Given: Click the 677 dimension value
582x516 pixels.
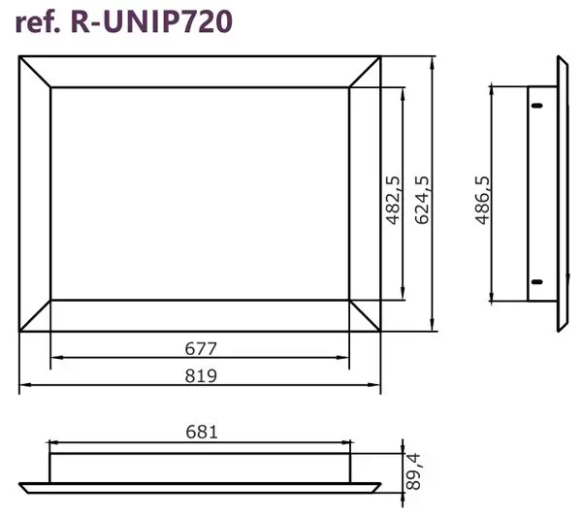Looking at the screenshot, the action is (201, 348).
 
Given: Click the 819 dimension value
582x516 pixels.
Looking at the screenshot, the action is (201, 376).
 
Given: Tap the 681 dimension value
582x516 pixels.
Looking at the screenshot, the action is (202, 433).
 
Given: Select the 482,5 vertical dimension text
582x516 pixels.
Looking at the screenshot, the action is (394, 200).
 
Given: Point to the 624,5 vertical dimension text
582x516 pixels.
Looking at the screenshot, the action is (422, 200).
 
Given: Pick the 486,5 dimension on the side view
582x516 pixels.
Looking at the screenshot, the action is (482, 201).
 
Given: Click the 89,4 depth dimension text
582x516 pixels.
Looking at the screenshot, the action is (413, 471).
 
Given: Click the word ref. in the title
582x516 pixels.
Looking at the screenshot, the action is (38, 22).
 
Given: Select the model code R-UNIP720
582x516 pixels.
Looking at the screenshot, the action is (151, 21).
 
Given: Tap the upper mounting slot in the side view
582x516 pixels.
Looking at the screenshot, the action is (536, 106).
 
